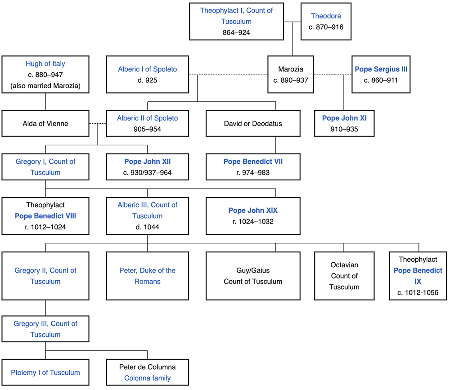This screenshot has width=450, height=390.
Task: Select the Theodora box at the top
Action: [x=326, y=21]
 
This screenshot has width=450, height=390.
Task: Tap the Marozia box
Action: [x=291, y=75]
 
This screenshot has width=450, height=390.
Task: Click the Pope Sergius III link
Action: [x=381, y=69]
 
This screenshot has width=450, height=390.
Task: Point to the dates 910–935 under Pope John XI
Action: [x=344, y=129]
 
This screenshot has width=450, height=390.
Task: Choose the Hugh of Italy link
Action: [x=45, y=64]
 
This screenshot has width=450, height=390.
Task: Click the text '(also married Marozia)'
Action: [x=45, y=86]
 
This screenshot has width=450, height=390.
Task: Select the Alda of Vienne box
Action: [x=45, y=124]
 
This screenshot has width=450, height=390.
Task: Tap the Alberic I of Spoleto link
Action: [x=147, y=69]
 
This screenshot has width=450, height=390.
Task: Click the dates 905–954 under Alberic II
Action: [x=147, y=129]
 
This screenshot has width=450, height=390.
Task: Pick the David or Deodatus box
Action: [x=253, y=124]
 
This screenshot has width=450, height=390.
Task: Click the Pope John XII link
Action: [x=147, y=161]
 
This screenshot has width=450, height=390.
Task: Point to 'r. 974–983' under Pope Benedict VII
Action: [x=253, y=172]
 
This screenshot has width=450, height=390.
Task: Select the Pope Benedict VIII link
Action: [x=45, y=216]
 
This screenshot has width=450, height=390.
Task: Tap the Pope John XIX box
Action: [x=253, y=216]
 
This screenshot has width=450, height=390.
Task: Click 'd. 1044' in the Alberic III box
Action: [x=147, y=227]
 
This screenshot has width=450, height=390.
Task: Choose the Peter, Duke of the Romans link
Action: [x=147, y=276]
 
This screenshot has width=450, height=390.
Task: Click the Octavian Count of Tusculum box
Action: [x=344, y=276]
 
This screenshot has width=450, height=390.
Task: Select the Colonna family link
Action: [x=147, y=378]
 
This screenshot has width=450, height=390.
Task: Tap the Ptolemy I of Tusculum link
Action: [x=45, y=372]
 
